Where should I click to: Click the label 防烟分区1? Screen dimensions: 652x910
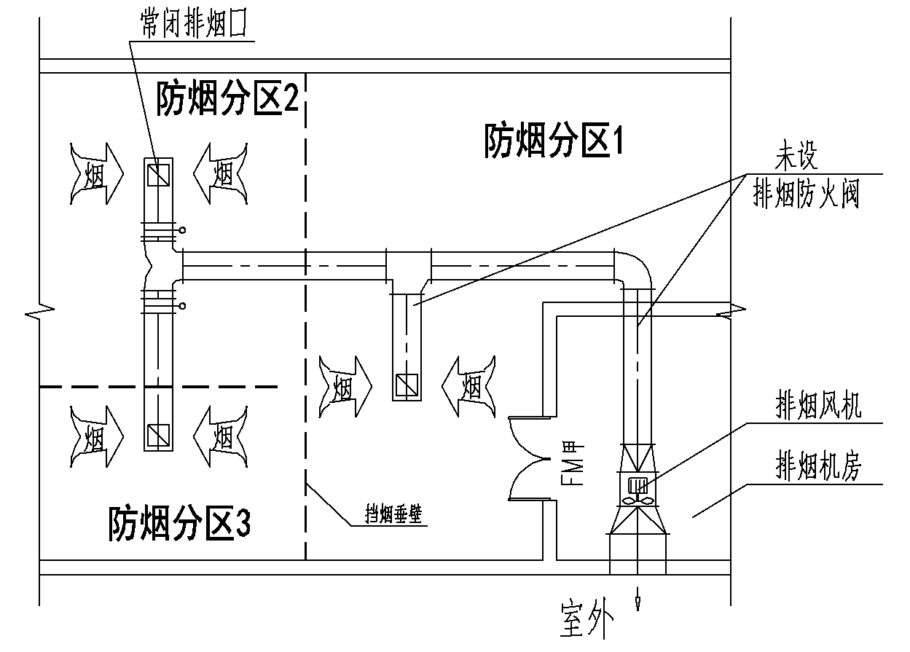(554, 141)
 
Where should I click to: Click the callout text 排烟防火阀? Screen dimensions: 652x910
(807, 196)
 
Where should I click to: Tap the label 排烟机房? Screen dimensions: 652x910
(818, 468)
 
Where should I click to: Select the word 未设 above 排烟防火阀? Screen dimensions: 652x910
(796, 157)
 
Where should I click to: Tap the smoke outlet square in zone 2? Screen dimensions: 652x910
(158, 174)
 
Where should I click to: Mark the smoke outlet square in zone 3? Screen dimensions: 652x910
(158, 435)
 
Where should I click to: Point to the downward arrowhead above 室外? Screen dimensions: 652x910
(639, 602)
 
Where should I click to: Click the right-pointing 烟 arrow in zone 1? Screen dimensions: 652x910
(346, 386)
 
